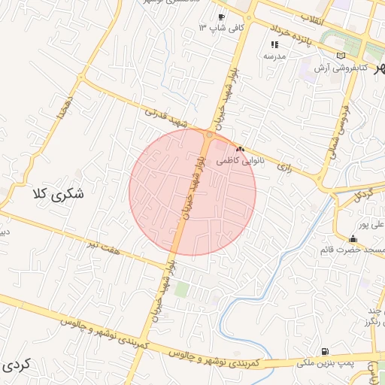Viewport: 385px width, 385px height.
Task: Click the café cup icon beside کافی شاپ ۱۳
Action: [221, 17]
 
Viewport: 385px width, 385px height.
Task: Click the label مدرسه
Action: [274, 56]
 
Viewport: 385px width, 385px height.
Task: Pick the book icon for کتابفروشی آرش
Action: [341, 56]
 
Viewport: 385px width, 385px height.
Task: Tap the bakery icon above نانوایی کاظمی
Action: [241, 150]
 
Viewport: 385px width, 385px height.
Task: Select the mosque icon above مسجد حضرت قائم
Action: [353, 239]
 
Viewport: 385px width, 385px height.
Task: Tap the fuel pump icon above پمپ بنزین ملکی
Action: [324, 351]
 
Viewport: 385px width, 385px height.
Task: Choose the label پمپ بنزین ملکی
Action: [324, 363]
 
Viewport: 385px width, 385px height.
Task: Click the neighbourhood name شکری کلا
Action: [58, 194]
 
